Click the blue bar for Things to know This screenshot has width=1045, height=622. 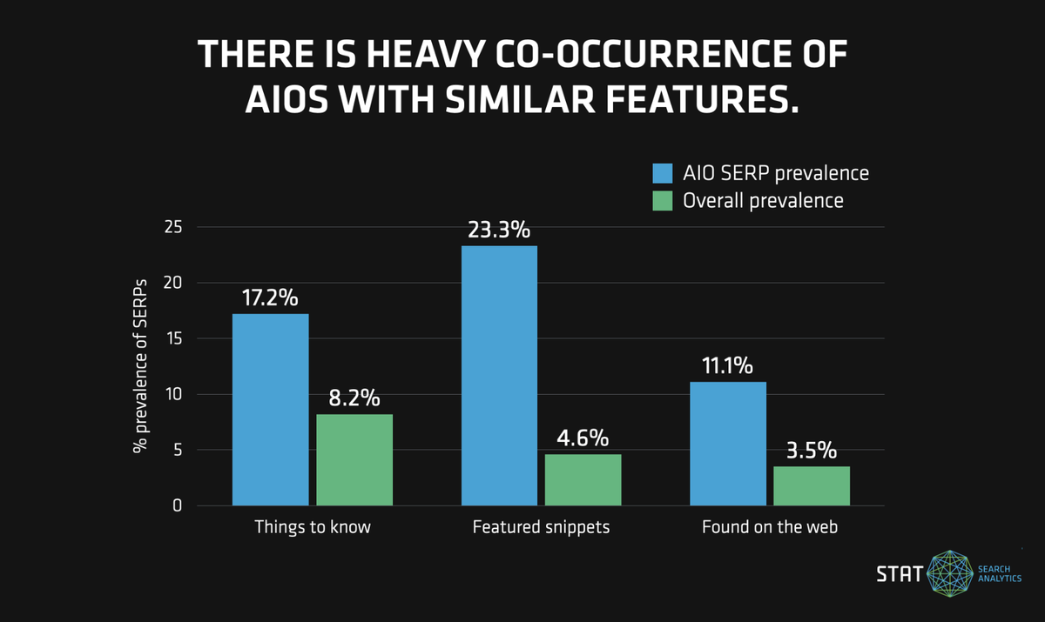tap(270, 410)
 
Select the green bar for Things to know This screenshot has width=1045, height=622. tap(354, 459)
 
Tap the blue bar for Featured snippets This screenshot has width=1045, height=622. tap(499, 376)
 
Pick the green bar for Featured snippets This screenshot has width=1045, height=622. tap(583, 479)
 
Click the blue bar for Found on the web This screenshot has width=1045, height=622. tap(728, 444)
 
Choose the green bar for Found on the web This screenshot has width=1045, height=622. tap(812, 485)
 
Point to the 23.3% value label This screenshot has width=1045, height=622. tap(499, 231)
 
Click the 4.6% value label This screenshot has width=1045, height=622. tap(583, 438)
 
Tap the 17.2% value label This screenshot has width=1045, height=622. tap(270, 298)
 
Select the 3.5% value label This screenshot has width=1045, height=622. tap(812, 451)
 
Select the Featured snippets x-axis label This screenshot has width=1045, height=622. tap(541, 527)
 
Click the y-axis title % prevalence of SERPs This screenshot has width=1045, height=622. tap(139, 366)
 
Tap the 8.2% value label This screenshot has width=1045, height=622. tap(354, 398)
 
